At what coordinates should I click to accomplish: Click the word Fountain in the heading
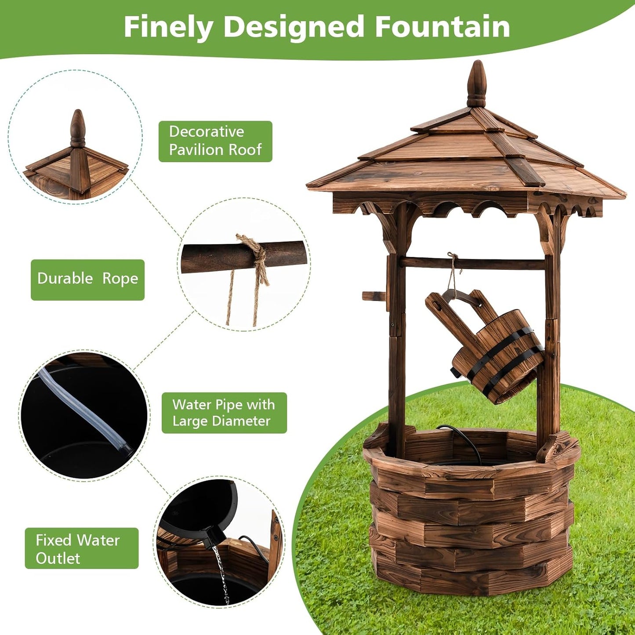coord(442,27)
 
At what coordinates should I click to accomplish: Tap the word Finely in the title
coord(169,27)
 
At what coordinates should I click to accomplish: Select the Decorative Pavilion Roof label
coord(215,141)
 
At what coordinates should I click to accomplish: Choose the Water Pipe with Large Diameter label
coord(224,413)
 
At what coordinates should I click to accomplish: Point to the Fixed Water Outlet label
coord(81,548)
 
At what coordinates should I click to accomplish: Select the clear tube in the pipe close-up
coord(83,409)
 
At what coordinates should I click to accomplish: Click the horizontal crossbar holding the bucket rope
coord(472,264)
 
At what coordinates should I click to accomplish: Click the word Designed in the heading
coord(294,27)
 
